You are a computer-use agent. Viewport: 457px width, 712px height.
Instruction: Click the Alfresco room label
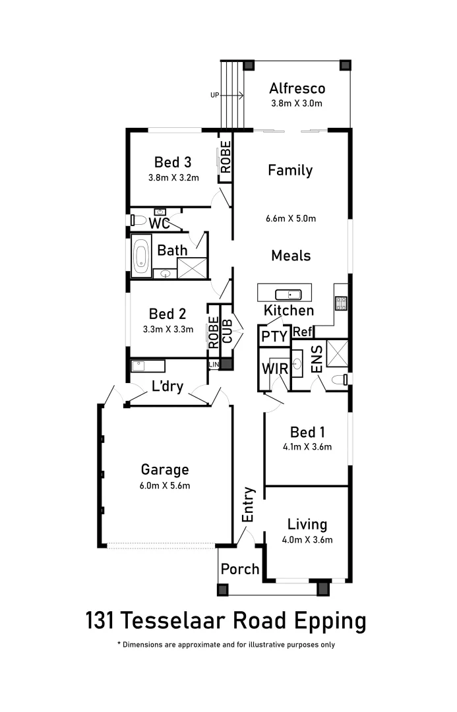point(297,88)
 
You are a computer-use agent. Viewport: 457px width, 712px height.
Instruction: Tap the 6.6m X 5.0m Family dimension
point(291,218)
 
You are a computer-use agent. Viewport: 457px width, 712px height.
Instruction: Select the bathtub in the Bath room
point(141,256)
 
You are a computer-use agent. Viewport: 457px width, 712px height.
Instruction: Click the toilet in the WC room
point(135,220)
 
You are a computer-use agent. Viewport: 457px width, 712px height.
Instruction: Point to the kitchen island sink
point(288,294)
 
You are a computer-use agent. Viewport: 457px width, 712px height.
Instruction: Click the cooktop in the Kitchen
point(342,303)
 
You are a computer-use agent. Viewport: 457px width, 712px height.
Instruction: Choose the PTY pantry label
point(274,336)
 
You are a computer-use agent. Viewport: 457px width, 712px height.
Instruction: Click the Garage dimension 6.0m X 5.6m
point(165,487)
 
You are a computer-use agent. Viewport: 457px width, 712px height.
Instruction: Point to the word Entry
point(248,504)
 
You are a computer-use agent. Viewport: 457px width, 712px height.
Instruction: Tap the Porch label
point(240,568)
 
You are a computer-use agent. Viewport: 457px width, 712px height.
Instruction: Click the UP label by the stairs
point(214,95)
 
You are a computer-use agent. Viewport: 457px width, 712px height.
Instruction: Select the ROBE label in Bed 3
point(226,158)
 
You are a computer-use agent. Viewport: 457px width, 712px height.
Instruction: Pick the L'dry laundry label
point(167,386)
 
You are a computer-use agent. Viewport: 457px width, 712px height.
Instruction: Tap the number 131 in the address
point(101,620)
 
